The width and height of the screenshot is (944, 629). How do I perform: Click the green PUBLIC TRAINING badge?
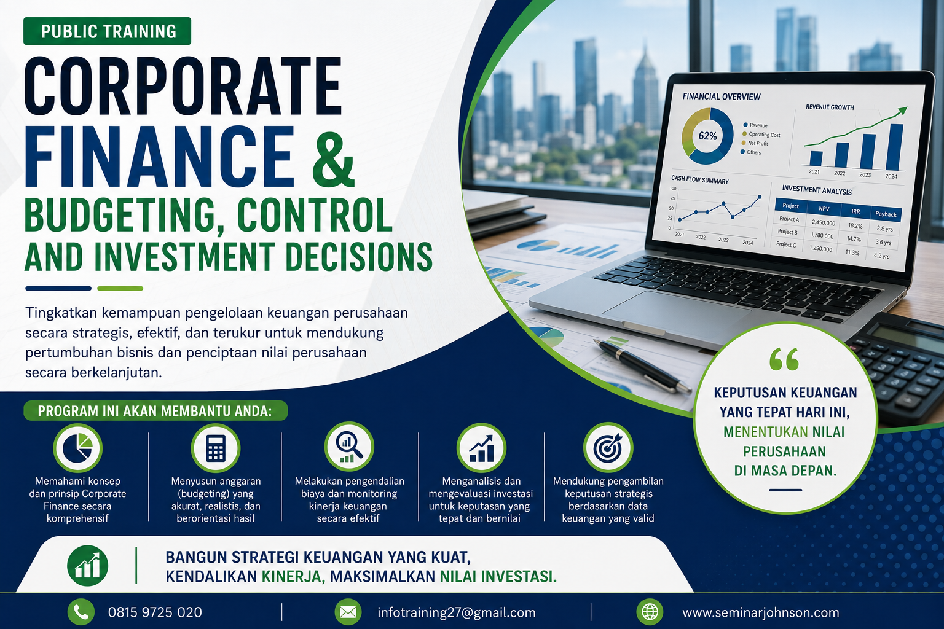pyautogui.click(x=107, y=31)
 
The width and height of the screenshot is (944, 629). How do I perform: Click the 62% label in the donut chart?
pyautogui.click(x=707, y=136)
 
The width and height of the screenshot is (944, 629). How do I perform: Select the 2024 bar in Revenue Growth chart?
pyautogui.click(x=894, y=147)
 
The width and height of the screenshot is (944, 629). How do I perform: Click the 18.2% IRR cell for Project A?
pyautogui.click(x=855, y=226)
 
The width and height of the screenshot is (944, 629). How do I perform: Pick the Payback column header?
pyautogui.click(x=886, y=214)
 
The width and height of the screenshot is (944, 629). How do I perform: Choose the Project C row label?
pyautogui.click(x=786, y=244)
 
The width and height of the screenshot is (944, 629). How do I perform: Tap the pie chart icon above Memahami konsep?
pyautogui.click(x=77, y=448)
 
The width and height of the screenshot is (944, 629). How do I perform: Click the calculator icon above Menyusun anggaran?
pyautogui.click(x=216, y=448)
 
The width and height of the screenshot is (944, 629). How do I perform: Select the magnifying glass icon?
pyautogui.click(x=349, y=447)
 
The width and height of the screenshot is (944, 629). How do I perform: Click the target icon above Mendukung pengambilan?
pyautogui.click(x=608, y=448)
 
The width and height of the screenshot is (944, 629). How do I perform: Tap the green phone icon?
pyautogui.click(x=81, y=612)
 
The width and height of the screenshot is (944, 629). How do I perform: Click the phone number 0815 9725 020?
pyautogui.click(x=155, y=612)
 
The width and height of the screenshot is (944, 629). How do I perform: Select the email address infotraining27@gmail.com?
pyautogui.click(x=457, y=612)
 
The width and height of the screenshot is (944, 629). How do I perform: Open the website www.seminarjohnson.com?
pyautogui.click(x=761, y=612)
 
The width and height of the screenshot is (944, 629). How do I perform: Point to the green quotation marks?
pyautogui.click(x=784, y=359)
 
